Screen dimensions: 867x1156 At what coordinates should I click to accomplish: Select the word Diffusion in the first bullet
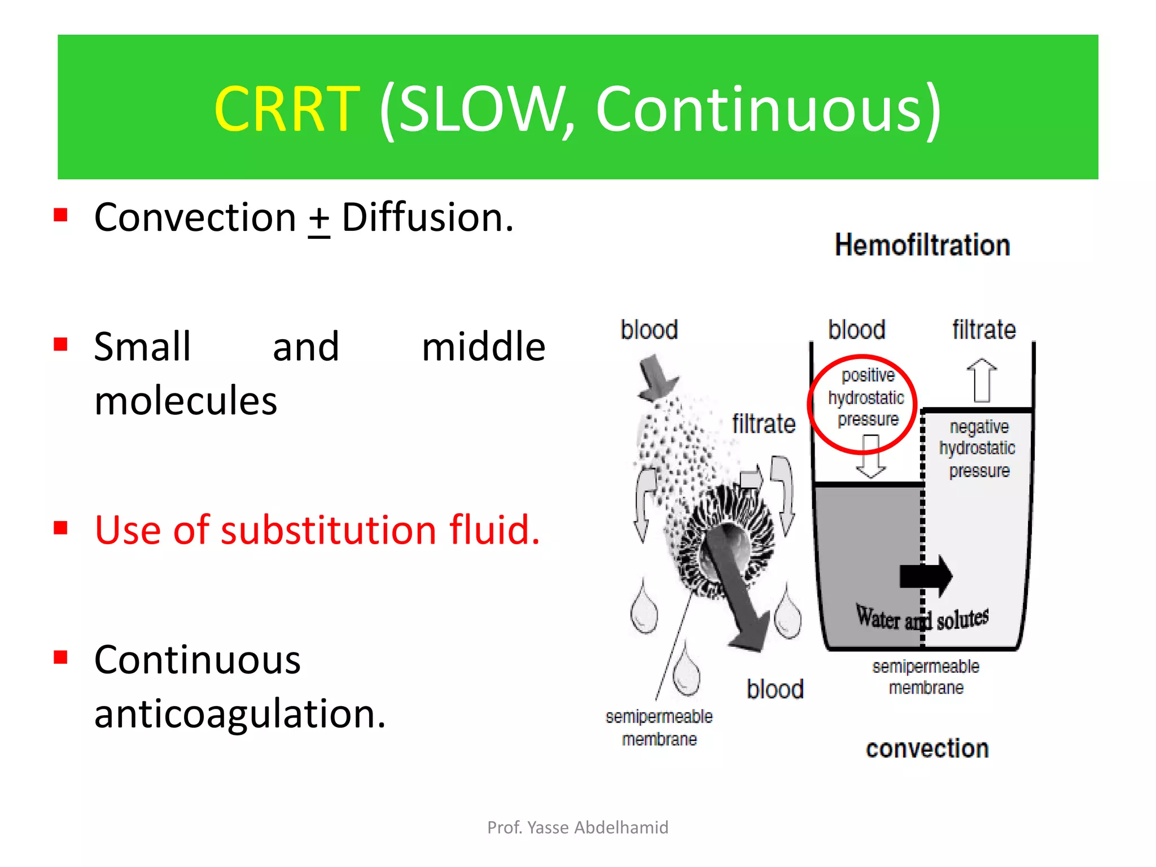point(427,218)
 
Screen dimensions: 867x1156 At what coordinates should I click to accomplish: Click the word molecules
point(186,401)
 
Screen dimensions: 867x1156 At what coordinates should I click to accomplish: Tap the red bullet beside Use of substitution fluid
point(61,528)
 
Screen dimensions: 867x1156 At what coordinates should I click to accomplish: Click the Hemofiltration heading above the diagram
point(922,246)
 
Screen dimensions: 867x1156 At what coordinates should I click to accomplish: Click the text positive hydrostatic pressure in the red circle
point(867,398)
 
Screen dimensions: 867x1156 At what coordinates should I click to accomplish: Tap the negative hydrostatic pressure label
point(978,449)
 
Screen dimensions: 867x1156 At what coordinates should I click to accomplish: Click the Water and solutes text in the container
point(922,619)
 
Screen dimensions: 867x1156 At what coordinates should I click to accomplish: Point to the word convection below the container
point(927,749)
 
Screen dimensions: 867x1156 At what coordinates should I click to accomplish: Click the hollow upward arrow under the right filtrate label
point(982,380)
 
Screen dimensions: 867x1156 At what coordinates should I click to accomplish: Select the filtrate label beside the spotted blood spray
point(764,424)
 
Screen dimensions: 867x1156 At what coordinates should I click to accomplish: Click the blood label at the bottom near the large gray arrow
point(775,690)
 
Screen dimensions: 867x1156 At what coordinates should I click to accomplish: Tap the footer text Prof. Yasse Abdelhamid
point(577,828)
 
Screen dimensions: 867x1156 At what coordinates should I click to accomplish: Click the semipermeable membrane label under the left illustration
point(659,728)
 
